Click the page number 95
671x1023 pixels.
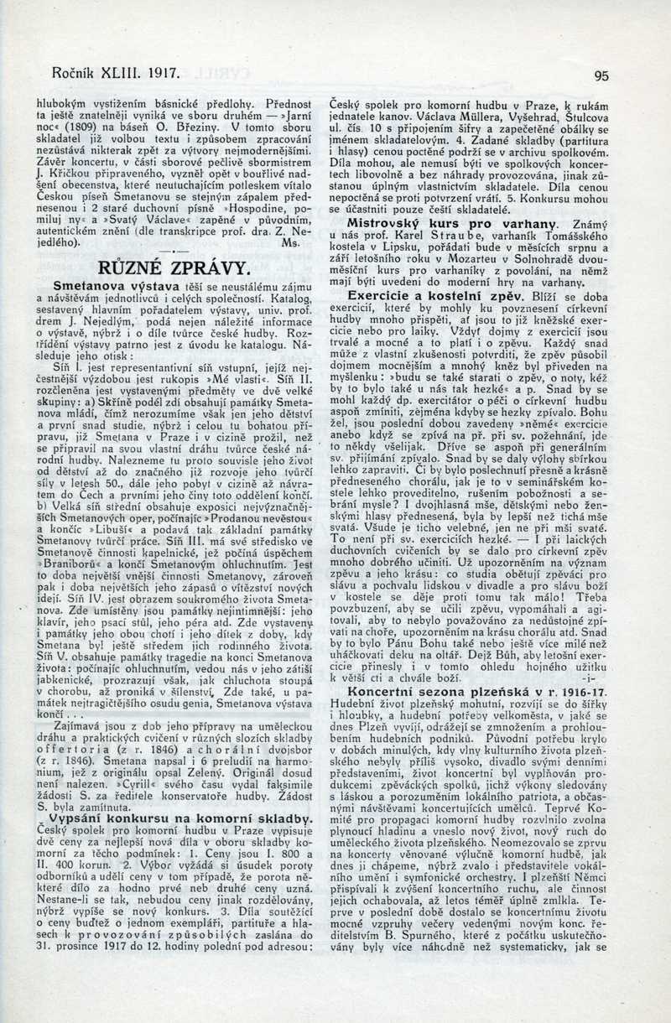tap(601, 75)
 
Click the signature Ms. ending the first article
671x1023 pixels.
tap(292, 242)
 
